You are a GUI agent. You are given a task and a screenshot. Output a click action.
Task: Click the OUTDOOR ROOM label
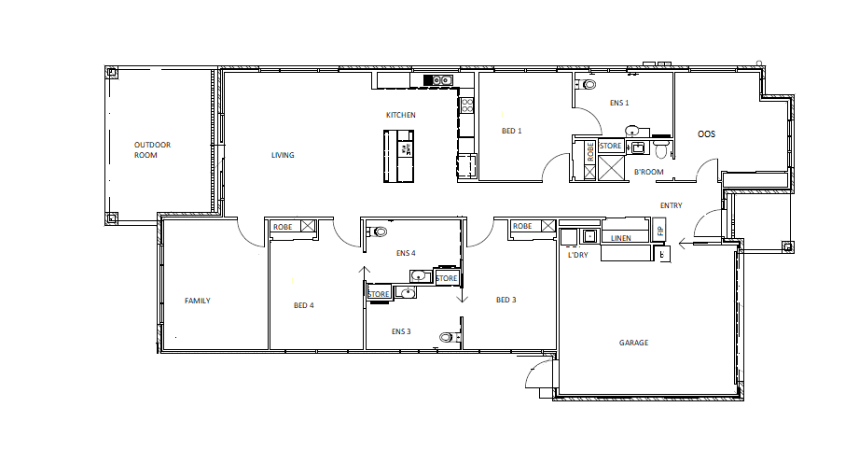click(x=152, y=150)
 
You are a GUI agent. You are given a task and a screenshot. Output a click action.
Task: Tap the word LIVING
click(x=283, y=155)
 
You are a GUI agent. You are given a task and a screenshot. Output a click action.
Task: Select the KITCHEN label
click(x=401, y=115)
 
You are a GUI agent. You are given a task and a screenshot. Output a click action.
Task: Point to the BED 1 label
click(x=511, y=131)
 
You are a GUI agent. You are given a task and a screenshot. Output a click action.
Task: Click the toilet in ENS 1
click(x=588, y=85)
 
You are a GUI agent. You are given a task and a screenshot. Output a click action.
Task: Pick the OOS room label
click(x=707, y=134)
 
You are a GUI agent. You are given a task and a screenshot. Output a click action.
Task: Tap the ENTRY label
click(x=672, y=205)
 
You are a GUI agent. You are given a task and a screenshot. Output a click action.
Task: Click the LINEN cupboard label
click(x=621, y=238)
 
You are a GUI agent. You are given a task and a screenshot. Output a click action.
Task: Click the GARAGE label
click(x=633, y=343)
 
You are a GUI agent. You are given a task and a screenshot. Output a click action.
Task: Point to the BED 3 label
click(x=506, y=300)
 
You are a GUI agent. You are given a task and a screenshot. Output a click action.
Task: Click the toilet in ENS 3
click(x=447, y=337)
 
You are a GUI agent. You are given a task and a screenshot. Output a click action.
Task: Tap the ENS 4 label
click(x=405, y=253)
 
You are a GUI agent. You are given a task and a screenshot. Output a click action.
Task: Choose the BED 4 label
click(x=304, y=305)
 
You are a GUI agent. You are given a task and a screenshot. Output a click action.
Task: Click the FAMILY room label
click(x=197, y=301)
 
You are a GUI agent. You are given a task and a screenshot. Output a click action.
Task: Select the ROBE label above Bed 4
click(x=282, y=226)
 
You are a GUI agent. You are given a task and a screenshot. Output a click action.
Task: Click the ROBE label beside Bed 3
click(x=522, y=226)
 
